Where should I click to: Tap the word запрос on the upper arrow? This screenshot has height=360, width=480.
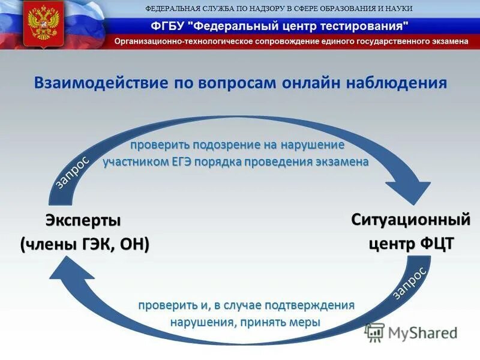pyautogui.click(x=73, y=172)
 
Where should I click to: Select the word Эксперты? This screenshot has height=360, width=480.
pyautogui.click(x=83, y=221)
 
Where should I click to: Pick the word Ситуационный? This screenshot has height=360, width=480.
pyautogui.click(x=410, y=220)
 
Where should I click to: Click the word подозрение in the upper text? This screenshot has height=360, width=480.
pyautogui.click(x=226, y=145)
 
